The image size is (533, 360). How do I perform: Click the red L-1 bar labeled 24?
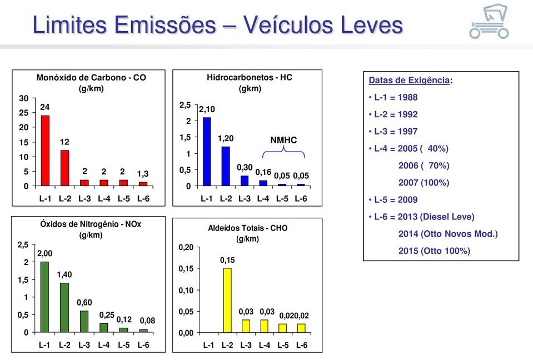tap(46, 149)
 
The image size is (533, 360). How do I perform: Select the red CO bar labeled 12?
tap(65, 167)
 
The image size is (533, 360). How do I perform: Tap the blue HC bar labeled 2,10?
tap(207, 151)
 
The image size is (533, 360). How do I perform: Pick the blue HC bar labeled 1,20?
tap(226, 165)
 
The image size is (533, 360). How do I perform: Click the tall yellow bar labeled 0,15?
tap(227, 300)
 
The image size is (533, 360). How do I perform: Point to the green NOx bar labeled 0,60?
tap(84, 321)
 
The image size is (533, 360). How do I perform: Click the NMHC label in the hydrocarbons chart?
tap(283, 140)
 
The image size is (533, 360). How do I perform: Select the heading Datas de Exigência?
tap(410, 80)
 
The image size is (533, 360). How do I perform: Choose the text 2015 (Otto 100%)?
tap(434, 251)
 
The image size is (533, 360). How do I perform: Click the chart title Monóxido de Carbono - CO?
tap(92, 78)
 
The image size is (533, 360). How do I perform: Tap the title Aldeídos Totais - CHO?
tap(247, 228)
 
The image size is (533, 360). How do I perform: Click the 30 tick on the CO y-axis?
tap(24, 98)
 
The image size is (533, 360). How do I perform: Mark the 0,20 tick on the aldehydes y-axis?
tap(186, 248)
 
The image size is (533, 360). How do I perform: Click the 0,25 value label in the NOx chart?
tap(106, 314)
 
